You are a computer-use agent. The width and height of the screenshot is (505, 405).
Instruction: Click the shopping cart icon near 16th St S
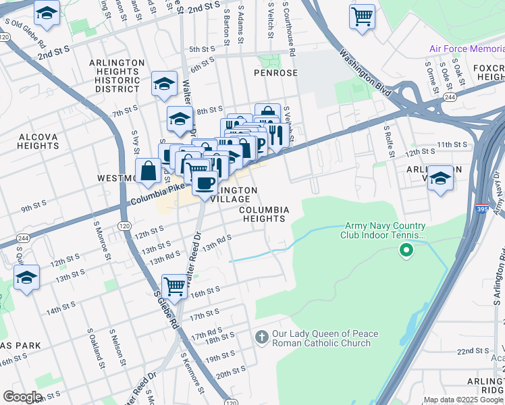coord(175,287)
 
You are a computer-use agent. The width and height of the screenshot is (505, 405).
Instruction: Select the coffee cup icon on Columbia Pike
coord(205,182)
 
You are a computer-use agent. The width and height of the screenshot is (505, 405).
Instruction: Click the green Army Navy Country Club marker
coord(406,252)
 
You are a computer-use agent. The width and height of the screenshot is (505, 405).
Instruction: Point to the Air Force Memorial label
coord(467,49)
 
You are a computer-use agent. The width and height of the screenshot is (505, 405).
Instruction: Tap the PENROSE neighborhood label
coord(275,72)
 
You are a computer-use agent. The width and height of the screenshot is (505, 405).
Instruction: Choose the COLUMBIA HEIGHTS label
coord(265,214)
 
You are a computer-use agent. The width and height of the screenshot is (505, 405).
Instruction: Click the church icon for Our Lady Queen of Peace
coord(262,336)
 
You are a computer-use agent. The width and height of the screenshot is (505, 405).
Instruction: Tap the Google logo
coord(22,397)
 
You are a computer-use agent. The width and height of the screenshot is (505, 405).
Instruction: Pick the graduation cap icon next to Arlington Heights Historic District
coord(164,83)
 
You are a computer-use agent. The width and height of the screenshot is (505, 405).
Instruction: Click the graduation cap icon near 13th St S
coord(27,277)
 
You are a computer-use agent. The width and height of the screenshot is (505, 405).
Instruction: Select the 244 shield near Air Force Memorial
coord(449,97)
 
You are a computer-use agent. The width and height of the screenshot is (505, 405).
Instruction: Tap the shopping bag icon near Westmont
coord(148,171)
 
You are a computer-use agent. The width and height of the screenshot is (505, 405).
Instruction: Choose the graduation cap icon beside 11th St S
coord(440,178)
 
